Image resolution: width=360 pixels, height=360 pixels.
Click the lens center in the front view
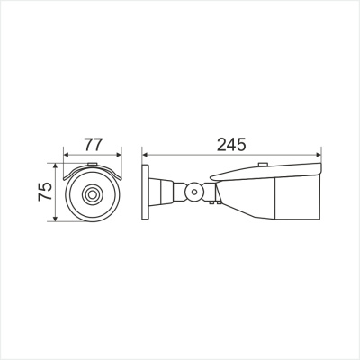click(91, 193)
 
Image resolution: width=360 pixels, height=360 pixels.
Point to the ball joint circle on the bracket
click(193, 192)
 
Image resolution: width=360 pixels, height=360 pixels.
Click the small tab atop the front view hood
click(91, 163)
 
